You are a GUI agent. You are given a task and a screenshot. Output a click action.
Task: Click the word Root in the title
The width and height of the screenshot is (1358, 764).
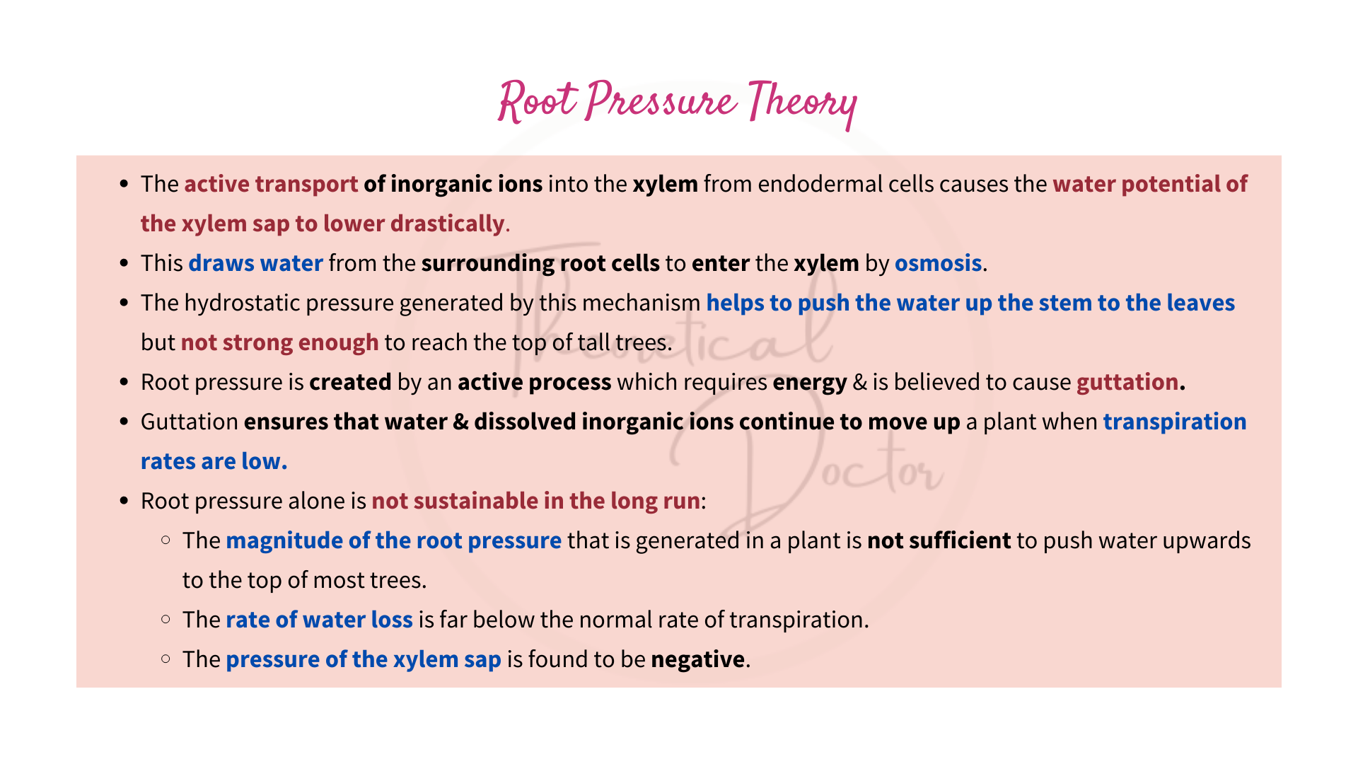(x=538, y=103)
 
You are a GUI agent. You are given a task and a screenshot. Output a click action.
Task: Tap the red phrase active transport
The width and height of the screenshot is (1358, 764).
(x=271, y=184)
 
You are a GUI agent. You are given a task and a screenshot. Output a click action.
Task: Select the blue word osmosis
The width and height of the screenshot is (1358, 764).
(x=938, y=263)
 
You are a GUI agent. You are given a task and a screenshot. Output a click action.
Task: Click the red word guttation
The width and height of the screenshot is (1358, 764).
(x=1127, y=382)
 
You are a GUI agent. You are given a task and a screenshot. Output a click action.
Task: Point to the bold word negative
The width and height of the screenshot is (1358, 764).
(x=697, y=659)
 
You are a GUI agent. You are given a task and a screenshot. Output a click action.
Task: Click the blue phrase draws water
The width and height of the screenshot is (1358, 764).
(x=255, y=263)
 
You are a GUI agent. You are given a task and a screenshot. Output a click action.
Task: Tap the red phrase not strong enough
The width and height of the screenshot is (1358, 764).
(x=279, y=342)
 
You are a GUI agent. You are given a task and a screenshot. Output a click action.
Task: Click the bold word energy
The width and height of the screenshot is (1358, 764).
(x=809, y=382)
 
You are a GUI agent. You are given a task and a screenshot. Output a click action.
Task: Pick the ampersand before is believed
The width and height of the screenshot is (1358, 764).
(x=859, y=382)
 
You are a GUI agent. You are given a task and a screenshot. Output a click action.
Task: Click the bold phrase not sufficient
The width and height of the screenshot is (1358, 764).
(x=939, y=540)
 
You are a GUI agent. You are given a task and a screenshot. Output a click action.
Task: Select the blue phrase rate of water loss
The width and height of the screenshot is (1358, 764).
(x=319, y=620)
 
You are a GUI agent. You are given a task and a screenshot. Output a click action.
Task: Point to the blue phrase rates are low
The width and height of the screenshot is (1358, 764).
(x=214, y=461)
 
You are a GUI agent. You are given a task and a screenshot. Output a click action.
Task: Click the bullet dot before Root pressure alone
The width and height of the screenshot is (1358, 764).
(x=124, y=502)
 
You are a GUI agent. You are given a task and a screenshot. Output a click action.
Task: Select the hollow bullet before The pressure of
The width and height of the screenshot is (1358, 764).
(x=166, y=659)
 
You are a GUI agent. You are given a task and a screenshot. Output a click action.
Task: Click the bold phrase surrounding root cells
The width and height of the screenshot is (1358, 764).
(x=540, y=263)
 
